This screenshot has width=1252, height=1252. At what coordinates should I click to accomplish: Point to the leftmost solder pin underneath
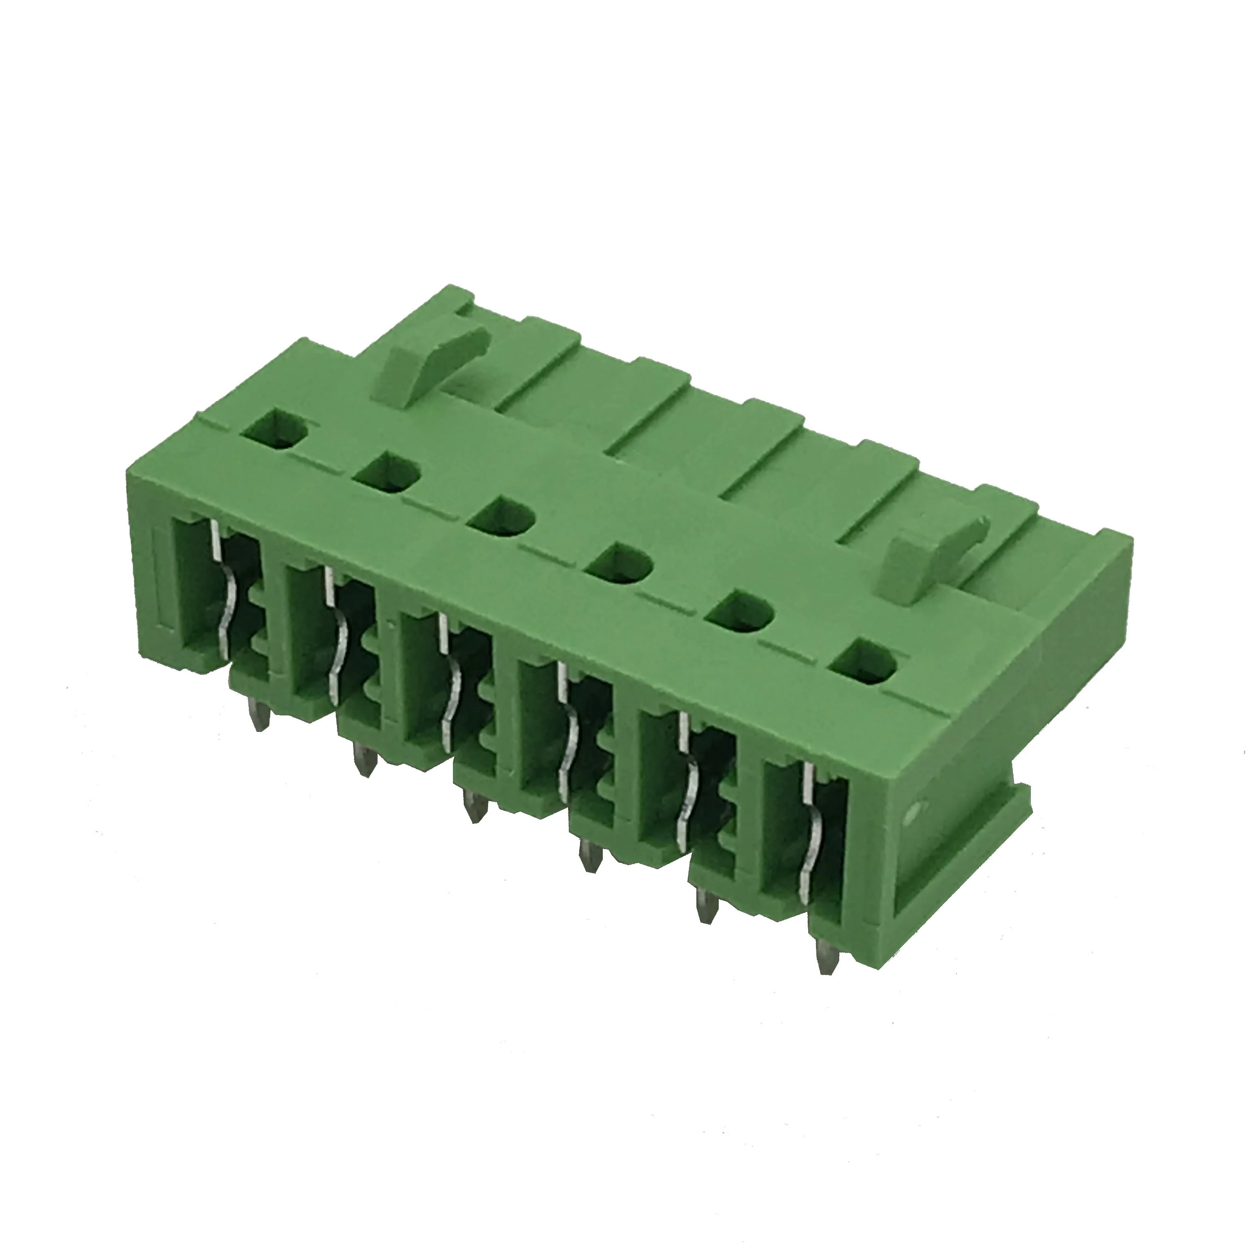(x=261, y=718)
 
